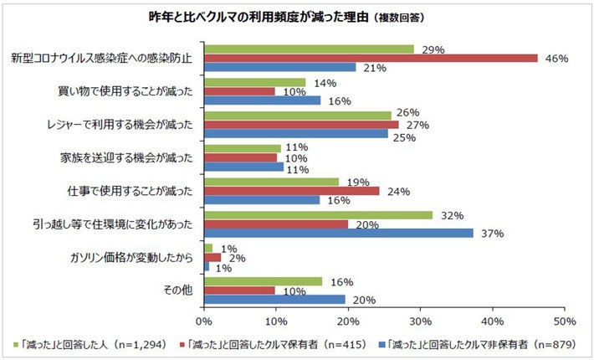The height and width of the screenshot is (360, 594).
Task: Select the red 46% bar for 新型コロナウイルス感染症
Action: (371, 58)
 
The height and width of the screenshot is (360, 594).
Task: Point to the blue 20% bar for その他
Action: (274, 298)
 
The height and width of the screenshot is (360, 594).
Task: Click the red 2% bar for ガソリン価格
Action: (213, 257)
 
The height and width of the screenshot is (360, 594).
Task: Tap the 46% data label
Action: (556, 59)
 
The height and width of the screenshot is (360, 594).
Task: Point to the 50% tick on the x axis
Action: (565, 321)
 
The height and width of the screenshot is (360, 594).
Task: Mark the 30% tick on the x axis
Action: (421, 321)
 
